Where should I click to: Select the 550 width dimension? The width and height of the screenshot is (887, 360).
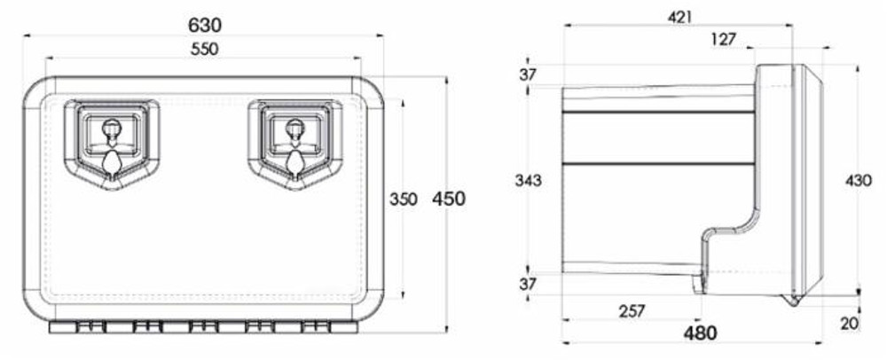(x=203, y=49)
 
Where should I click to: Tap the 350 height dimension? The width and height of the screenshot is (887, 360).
(x=403, y=200)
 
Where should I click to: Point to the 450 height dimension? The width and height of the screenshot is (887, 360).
(x=448, y=199)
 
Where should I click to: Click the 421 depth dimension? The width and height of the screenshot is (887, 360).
(x=679, y=17)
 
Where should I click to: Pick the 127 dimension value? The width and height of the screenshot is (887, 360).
(x=724, y=38)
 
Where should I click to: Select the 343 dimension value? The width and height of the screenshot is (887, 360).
(x=528, y=180)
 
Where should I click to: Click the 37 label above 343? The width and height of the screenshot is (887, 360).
(x=528, y=75)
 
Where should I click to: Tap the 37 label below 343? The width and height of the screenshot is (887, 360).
(x=528, y=284)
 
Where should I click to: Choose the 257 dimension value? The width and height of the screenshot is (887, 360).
(x=631, y=310)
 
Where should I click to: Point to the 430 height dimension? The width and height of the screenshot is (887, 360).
(x=858, y=180)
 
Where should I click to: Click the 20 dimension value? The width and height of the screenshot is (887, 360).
(x=849, y=324)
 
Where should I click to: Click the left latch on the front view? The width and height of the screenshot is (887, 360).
(x=112, y=143)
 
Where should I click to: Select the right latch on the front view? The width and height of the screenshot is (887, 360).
(x=294, y=143)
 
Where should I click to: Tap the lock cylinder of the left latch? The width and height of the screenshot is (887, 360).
(x=112, y=128)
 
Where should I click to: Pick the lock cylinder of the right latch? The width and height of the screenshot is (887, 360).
(x=294, y=128)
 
